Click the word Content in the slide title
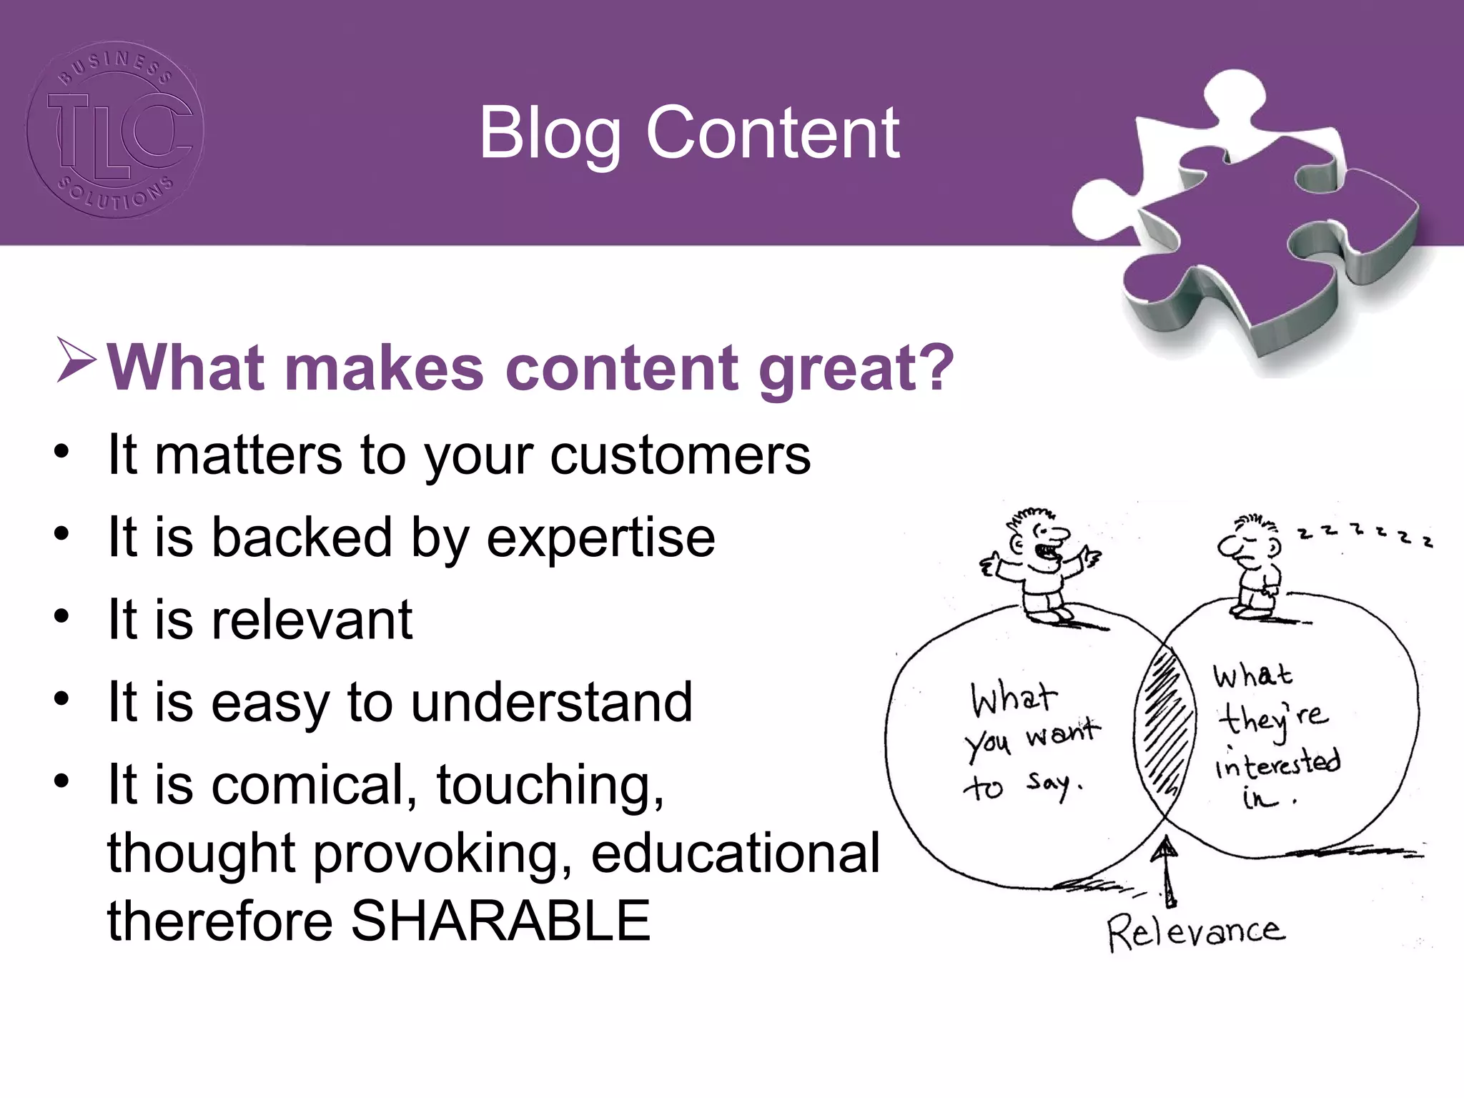tap(772, 134)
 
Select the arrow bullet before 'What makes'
tap(76, 361)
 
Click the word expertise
tap(600, 538)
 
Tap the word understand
tap(551, 702)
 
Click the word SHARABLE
tap(500, 921)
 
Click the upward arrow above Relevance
tap(1167, 872)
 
